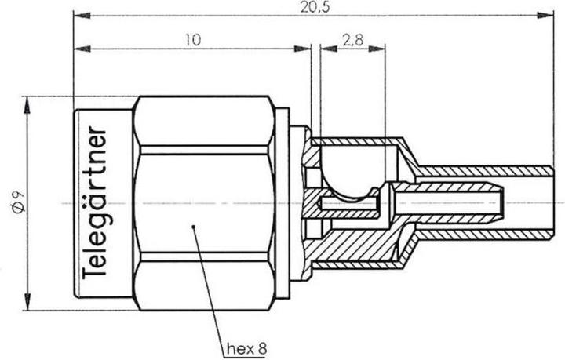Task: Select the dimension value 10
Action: (x=192, y=39)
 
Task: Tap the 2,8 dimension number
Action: (x=352, y=39)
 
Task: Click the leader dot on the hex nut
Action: (x=192, y=227)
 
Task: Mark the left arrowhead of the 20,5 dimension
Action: (x=78, y=14)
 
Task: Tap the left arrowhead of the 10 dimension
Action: (x=78, y=49)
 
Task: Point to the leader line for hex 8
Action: (x=208, y=282)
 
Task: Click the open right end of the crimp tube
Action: (x=552, y=202)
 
